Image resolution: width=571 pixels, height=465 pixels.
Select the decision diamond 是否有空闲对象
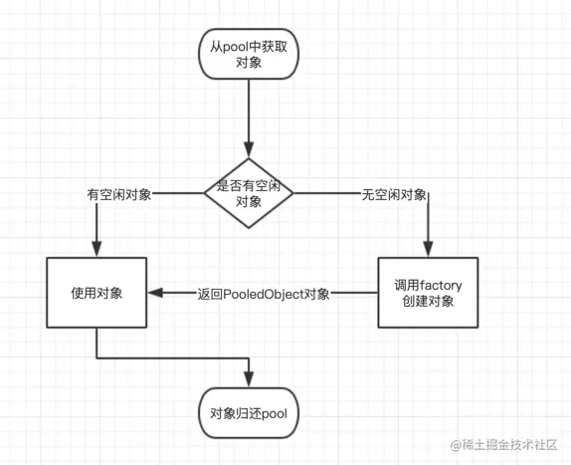(249, 194)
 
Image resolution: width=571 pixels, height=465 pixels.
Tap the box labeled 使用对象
(96, 293)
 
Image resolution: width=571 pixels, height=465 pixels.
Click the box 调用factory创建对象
(429, 293)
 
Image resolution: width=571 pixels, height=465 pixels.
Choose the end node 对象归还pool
(249, 412)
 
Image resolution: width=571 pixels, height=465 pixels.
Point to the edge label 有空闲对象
(119, 195)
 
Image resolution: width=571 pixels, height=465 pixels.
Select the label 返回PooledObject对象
(264, 294)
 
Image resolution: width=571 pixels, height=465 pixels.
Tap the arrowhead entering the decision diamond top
(249, 149)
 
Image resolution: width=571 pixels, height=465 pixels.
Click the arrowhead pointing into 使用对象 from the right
(154, 294)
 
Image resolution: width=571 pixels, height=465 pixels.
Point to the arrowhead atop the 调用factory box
(429, 251)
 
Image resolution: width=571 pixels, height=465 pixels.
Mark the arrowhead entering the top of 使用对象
(96, 251)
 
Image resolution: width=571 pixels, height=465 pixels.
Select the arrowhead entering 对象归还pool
(249, 382)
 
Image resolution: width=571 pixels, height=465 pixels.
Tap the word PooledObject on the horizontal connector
(261, 294)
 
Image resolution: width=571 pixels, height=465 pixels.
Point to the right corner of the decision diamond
(291, 194)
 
